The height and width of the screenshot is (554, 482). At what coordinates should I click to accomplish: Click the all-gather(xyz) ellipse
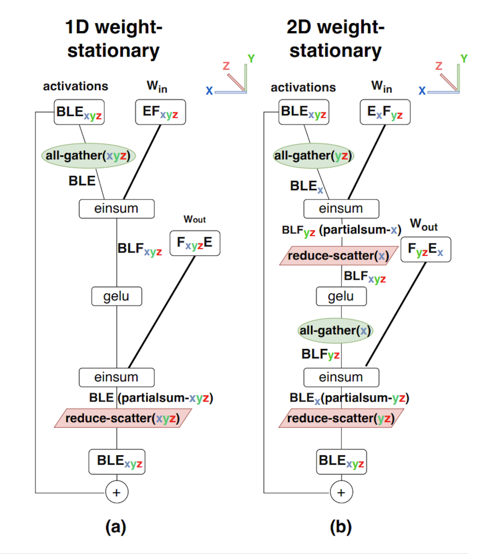88,156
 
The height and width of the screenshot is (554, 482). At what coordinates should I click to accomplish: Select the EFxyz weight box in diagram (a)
160,112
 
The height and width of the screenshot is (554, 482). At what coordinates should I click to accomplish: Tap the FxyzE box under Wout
195,243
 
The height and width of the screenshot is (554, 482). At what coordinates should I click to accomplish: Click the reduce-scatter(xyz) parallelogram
123,418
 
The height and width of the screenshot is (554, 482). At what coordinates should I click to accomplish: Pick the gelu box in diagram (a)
117,296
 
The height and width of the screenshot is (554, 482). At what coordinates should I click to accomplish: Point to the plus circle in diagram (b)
341,492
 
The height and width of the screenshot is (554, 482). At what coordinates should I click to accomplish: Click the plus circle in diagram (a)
117,492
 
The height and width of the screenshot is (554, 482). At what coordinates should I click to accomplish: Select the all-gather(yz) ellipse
313,156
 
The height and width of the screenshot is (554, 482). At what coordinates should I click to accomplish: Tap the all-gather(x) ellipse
335,331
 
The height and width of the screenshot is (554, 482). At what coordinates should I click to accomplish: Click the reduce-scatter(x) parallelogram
338,256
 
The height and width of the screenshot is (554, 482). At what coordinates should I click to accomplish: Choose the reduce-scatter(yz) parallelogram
341,418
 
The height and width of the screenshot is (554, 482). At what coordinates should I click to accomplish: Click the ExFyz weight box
385,112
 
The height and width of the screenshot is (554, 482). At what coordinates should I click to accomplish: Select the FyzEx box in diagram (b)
425,249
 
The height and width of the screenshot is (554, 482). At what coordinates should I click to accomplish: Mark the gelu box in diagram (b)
341,296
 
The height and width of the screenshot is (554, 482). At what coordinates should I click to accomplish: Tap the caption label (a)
116,527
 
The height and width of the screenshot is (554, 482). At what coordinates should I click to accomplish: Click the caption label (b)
341,527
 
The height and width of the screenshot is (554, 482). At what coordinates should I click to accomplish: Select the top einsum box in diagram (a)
117,209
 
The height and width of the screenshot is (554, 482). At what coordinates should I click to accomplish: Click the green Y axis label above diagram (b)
464,59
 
